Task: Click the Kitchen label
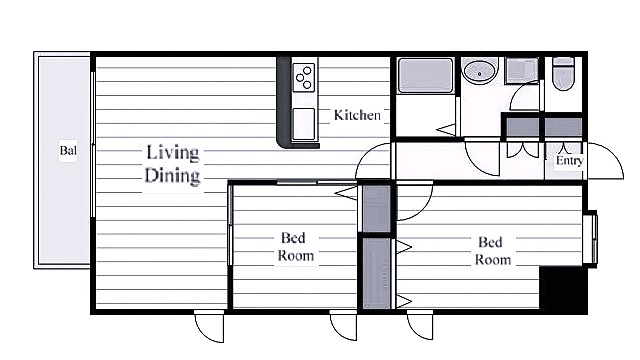[x=357, y=115]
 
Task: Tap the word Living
[x=173, y=153]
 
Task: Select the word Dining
[x=172, y=176]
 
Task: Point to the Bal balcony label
[x=68, y=151]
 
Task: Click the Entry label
[x=569, y=160]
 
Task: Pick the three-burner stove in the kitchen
[x=304, y=77]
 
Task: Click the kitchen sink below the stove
[x=304, y=123]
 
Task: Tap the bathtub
[x=426, y=76]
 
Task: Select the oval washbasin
[x=479, y=71]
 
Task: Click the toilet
[x=563, y=73]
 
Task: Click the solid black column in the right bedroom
[x=563, y=289]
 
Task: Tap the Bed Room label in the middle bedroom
[x=295, y=247]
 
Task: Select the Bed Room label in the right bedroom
[x=492, y=251]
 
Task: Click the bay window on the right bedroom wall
[x=590, y=239]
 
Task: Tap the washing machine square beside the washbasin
[x=521, y=71]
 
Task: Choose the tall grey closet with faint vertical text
[x=377, y=273]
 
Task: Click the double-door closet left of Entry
[x=523, y=149]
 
